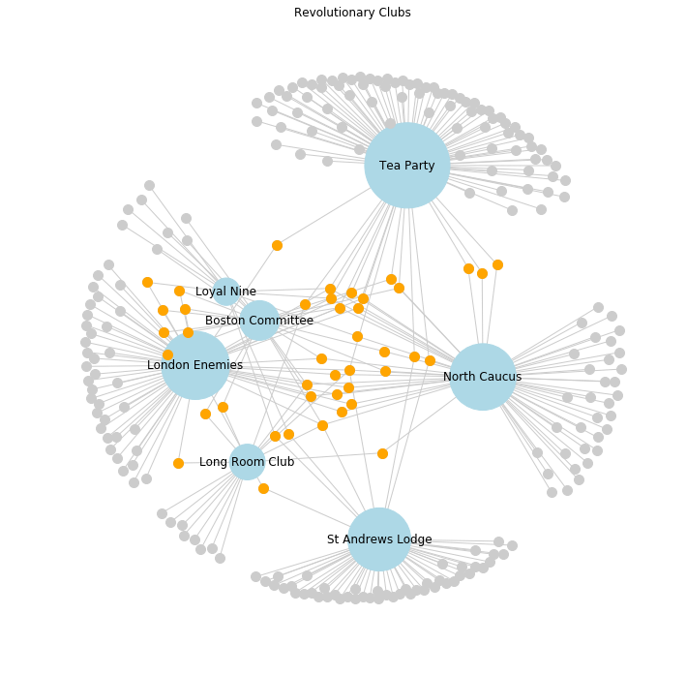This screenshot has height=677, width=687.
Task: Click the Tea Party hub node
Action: [x=407, y=166]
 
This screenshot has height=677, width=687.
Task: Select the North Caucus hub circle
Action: [x=483, y=377]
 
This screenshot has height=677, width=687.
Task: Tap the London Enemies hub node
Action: [x=195, y=365]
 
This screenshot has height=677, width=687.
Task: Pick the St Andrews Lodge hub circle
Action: [x=379, y=539]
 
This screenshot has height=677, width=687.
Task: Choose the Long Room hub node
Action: [x=248, y=462]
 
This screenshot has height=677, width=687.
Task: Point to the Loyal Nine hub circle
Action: [x=226, y=292]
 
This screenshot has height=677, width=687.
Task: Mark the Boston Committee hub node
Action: [x=259, y=321]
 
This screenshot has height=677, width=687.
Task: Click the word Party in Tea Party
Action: [x=420, y=166]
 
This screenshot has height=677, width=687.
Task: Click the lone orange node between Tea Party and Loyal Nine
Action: [x=277, y=245]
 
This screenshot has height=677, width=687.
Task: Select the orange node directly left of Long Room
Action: [x=178, y=463]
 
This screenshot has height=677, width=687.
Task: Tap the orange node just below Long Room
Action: [x=263, y=488]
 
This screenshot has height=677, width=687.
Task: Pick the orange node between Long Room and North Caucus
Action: [x=382, y=453]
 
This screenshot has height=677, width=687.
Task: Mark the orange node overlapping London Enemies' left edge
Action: [x=167, y=354]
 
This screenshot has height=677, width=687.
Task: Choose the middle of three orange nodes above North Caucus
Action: [x=482, y=273]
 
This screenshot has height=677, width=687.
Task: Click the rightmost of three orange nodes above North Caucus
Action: [x=497, y=264]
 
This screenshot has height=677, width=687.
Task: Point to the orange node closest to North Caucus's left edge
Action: [x=430, y=360]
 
